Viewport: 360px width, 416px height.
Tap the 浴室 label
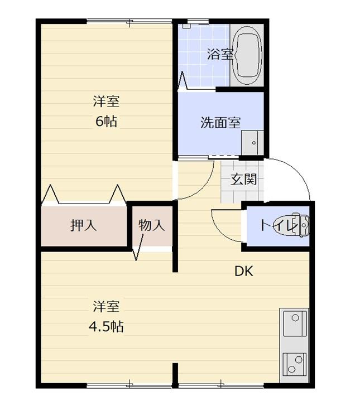219,55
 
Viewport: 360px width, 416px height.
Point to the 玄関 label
244,180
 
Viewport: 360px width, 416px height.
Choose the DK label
243,272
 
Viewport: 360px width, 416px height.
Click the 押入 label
84,225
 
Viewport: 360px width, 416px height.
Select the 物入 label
152,225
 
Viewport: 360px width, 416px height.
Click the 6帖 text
106,121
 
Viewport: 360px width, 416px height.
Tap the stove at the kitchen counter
294,363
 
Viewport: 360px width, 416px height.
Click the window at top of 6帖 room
129,22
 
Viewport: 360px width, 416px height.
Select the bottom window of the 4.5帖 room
129,384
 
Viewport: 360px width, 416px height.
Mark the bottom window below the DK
222,384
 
